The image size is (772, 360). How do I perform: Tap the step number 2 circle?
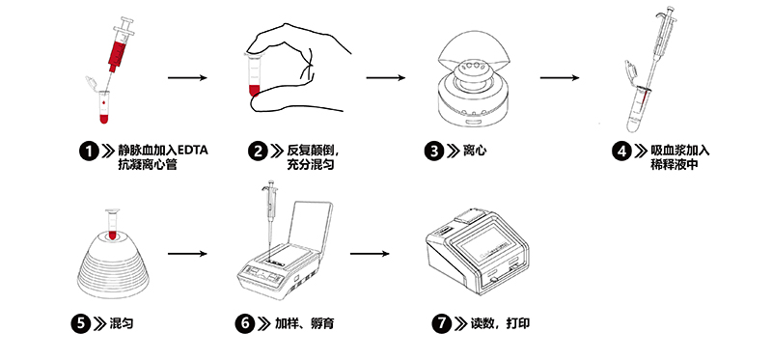click(x=258, y=151)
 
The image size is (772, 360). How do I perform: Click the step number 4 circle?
click(x=622, y=151)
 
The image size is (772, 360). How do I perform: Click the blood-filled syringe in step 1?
click(x=120, y=45)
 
